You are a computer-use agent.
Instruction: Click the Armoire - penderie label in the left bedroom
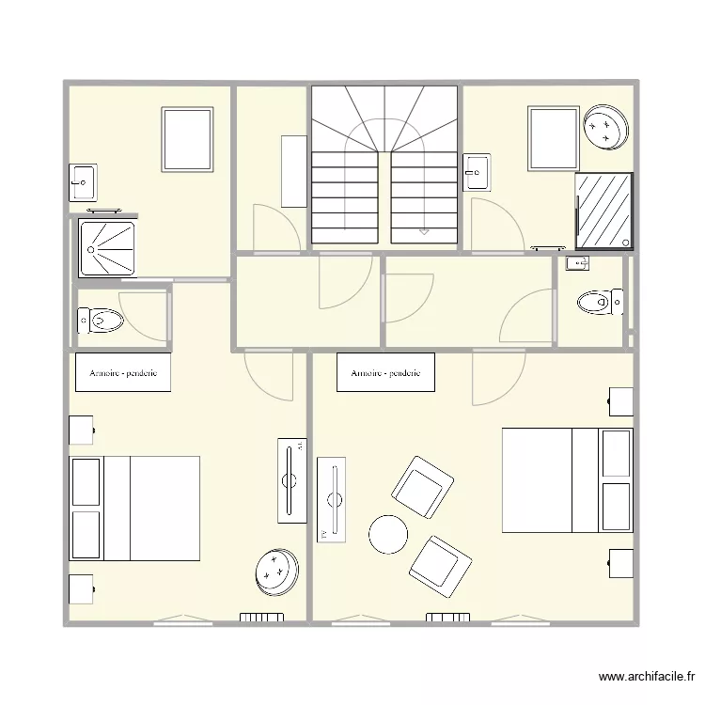pos(122,373)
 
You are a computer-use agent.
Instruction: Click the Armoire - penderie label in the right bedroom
pos(385,373)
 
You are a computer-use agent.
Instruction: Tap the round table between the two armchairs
pos(388,535)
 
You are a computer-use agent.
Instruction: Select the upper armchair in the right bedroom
pos(423,487)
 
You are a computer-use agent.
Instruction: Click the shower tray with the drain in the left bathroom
pos(106,248)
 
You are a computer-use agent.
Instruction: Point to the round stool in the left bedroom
pos(276,572)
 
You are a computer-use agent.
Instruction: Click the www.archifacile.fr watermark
pos(647,677)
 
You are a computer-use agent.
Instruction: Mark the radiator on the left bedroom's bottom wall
pos(261,618)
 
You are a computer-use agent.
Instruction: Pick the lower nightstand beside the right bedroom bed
pos(620,564)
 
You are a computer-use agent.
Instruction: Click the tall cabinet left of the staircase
pos(293,171)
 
